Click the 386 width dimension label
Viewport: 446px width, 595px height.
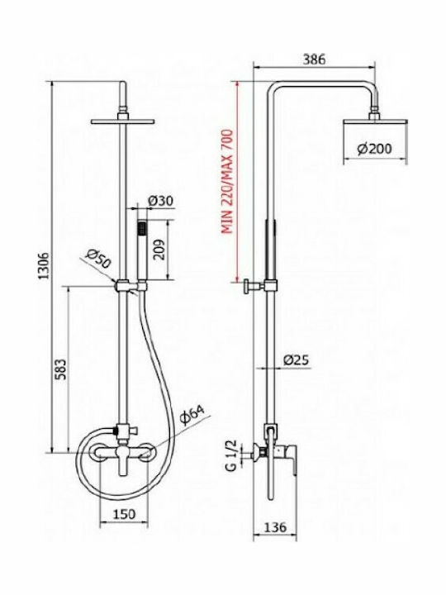315,59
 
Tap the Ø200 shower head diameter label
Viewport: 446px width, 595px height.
375,149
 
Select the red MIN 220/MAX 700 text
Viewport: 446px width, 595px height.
227,181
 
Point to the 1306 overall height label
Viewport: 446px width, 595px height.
45,265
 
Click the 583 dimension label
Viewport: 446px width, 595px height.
61,369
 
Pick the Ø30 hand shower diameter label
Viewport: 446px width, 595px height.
161,201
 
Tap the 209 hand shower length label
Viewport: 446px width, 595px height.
159,250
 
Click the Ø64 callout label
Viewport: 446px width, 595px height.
192,415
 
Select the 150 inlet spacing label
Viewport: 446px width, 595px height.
124,514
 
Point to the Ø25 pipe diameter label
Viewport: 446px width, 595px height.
297,359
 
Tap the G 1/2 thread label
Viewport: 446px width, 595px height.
231,455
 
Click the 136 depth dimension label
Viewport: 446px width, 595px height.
275,526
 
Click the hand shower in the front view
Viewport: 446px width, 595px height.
142,250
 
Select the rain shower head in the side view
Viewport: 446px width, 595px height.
376,121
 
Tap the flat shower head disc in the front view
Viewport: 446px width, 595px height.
122,121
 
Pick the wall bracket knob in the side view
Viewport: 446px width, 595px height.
246,286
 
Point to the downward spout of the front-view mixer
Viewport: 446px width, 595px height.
123,464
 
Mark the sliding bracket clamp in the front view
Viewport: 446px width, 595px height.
122,285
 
